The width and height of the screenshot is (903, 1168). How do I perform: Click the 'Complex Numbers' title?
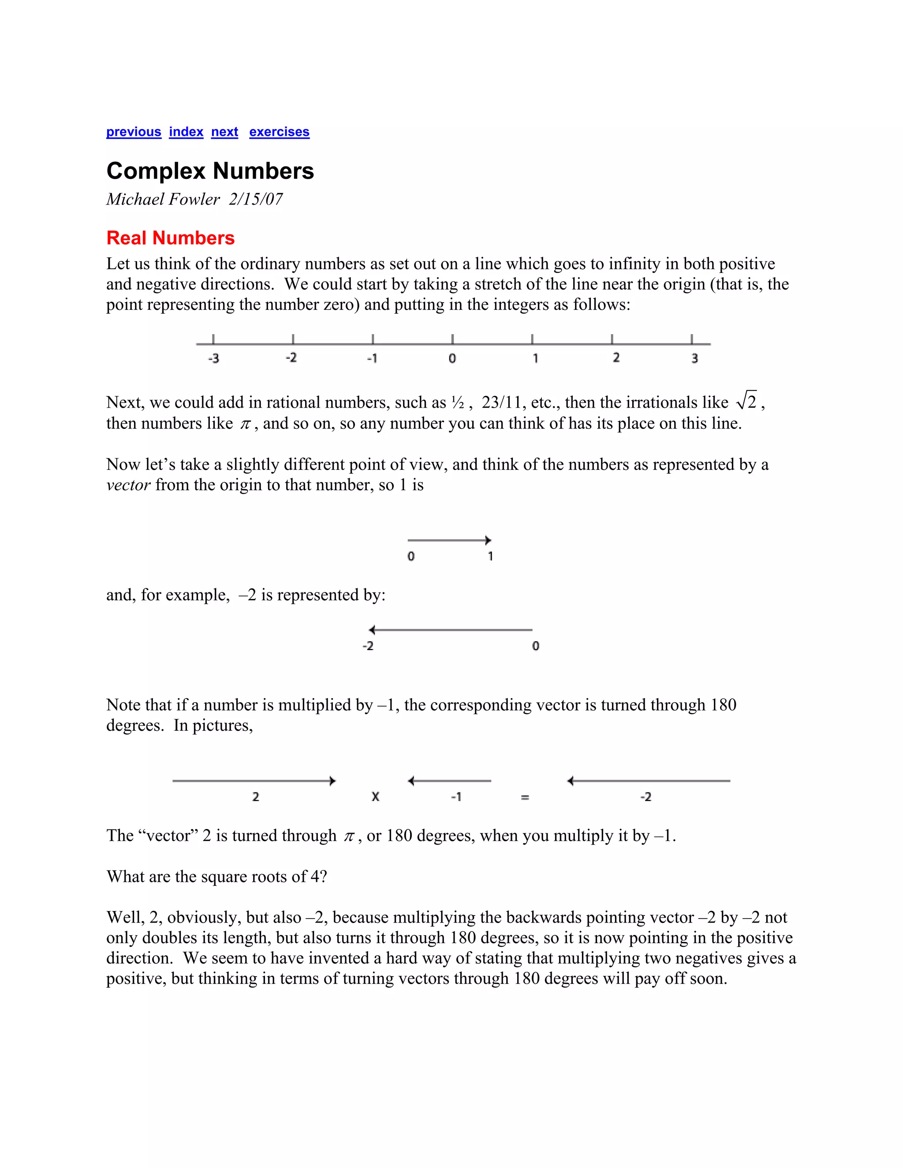pyautogui.click(x=210, y=171)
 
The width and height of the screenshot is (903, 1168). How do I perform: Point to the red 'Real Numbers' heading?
pyautogui.click(x=170, y=238)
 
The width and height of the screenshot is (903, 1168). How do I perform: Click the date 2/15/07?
pyautogui.click(x=256, y=200)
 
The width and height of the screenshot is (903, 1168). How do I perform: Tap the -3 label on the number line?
pyautogui.click(x=213, y=358)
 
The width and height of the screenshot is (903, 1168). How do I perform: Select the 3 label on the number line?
pyautogui.click(x=694, y=358)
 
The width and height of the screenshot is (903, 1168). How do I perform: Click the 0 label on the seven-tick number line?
pyautogui.click(x=452, y=358)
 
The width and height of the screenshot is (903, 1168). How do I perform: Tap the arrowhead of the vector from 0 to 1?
pyautogui.click(x=488, y=540)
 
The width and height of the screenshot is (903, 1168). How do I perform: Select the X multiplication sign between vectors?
pyautogui.click(x=375, y=797)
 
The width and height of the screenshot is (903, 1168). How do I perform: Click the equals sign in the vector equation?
pyautogui.click(x=525, y=797)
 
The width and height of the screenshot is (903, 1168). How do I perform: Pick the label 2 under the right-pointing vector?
pyautogui.click(x=255, y=797)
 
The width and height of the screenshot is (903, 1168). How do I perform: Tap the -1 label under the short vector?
pyautogui.click(x=456, y=797)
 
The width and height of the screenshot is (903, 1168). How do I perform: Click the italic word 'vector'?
pyautogui.click(x=128, y=485)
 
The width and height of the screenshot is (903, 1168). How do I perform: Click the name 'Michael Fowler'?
pyautogui.click(x=163, y=200)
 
